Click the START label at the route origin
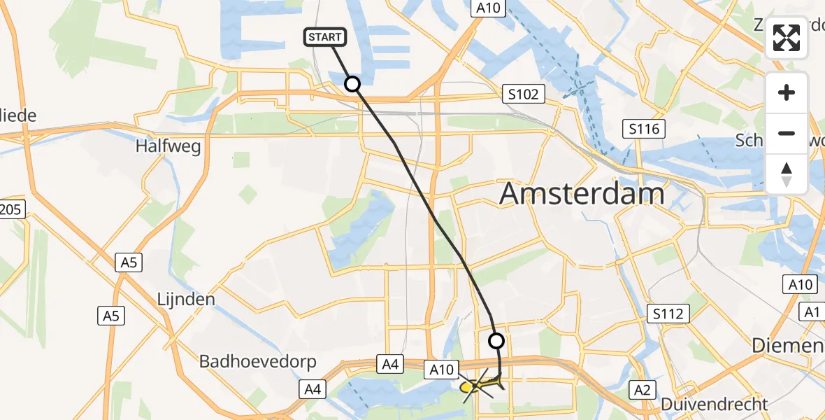point(324,37)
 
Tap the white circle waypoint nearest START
point(352,84)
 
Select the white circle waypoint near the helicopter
point(496,341)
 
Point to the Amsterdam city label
point(582,194)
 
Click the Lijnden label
point(185,299)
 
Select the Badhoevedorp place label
point(258,361)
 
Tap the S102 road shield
point(524,93)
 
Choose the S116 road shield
point(643,128)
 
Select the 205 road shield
point(12,209)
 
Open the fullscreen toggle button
point(787,38)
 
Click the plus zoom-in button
point(787,92)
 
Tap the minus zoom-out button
point(787,133)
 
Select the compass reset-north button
point(787,173)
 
